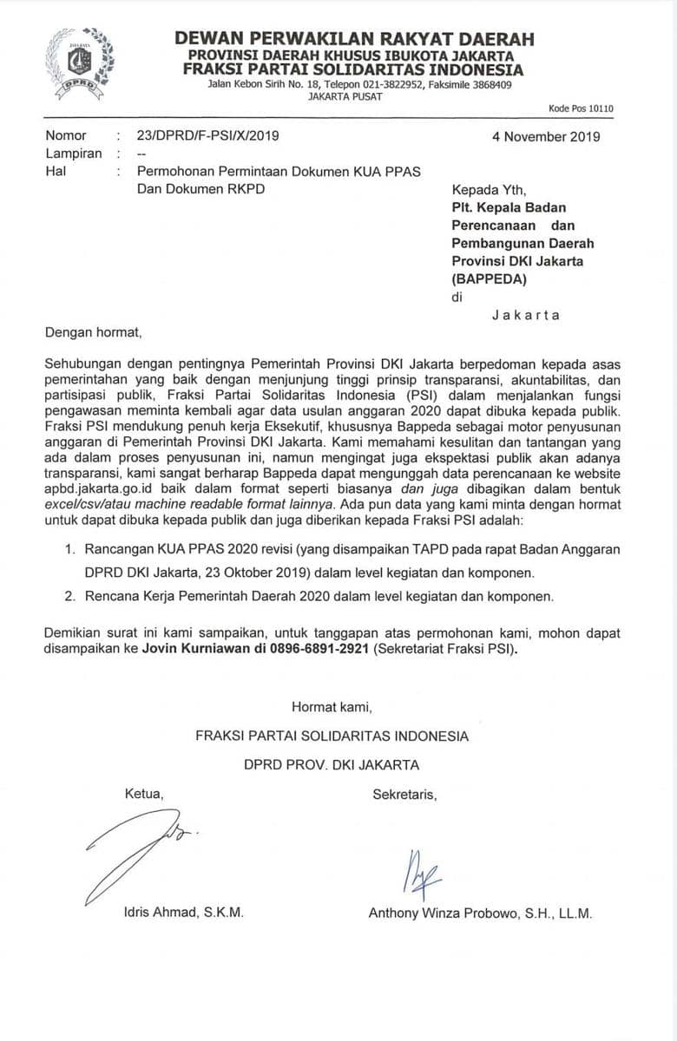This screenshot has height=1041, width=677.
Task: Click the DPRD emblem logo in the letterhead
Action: [x=79, y=60]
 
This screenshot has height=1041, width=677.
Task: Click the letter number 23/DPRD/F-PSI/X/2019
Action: [x=208, y=136]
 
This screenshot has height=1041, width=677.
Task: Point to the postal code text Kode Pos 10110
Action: [x=581, y=108]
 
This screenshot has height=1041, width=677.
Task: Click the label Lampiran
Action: [x=73, y=154]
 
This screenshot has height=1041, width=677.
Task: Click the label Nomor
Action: [x=66, y=136]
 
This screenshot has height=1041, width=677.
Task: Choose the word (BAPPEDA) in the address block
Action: [x=489, y=278]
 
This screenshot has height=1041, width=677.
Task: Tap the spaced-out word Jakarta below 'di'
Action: [x=526, y=315]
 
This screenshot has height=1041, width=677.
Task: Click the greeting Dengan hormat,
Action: [x=91, y=331]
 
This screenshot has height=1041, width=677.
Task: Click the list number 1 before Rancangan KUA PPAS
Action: [x=72, y=550]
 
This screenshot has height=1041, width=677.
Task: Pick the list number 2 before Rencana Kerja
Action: [x=72, y=596]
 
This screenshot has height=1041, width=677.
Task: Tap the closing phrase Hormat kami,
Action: [x=332, y=706]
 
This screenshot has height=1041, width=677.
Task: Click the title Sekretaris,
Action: [x=404, y=794]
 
